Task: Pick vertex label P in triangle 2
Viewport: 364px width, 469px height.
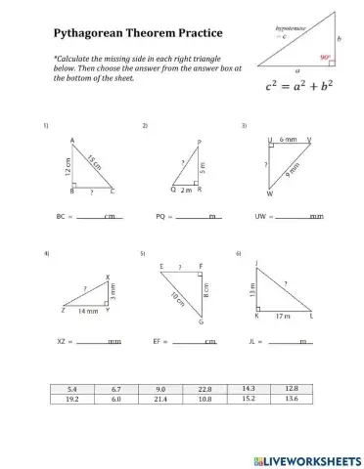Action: pos(200,143)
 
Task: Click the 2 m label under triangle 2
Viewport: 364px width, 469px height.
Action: pos(187,191)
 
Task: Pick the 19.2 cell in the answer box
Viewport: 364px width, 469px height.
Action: pos(72,399)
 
